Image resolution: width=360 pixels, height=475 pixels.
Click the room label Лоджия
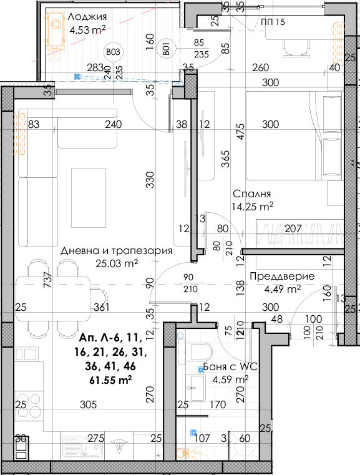(87, 17)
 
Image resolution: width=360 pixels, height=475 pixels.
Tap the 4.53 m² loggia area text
(87, 30)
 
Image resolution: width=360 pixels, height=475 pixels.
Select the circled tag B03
(113, 52)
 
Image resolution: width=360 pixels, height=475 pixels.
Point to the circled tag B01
(166, 49)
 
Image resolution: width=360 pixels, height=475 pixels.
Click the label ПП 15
(273, 22)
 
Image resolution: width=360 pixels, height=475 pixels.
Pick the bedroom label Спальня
(251, 193)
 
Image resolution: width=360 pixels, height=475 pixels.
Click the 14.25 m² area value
(252, 207)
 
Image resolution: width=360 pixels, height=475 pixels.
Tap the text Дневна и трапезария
(116, 251)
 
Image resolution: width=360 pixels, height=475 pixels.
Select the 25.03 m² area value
(117, 263)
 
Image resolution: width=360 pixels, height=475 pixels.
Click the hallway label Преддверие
(282, 277)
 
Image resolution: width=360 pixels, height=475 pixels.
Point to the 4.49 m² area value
(282, 289)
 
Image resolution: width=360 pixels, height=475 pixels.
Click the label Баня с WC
(230, 366)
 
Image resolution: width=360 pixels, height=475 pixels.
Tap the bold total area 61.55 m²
(110, 380)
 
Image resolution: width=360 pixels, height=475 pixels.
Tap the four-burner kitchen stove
(30, 406)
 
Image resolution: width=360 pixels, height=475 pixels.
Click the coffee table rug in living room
(89, 198)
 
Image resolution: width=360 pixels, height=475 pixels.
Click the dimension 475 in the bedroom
(240, 131)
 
